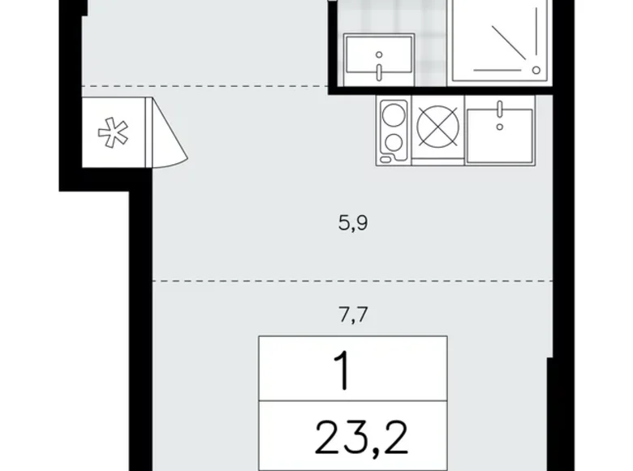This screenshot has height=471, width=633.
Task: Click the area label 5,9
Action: point(354,222)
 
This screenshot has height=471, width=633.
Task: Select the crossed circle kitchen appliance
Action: point(438,130)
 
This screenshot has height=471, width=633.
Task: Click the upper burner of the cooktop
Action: point(395,113)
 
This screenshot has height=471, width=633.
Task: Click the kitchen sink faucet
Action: point(501,109)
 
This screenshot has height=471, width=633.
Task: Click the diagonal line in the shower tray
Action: point(511,45)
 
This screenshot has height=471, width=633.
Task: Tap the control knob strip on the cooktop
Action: point(381,130)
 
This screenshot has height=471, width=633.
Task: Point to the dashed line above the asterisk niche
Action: point(203,85)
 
